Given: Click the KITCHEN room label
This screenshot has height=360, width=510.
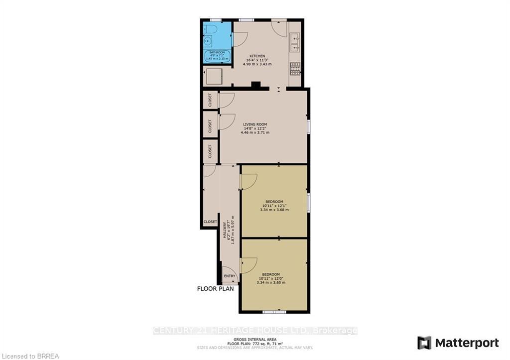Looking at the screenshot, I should (257, 56).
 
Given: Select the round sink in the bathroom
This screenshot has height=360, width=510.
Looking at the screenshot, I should (209, 41).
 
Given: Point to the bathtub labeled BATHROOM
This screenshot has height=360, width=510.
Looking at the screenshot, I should (217, 55).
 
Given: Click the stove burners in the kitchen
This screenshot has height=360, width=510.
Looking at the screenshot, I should (295, 68).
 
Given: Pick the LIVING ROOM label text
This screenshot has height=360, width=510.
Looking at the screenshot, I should (255, 124).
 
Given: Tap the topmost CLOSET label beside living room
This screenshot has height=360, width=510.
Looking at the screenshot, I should (210, 100).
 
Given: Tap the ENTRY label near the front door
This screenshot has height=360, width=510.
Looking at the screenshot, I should (230, 276).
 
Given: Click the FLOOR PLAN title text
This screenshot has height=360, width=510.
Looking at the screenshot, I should (216, 289).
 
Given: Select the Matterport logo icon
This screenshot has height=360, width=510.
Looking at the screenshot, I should (424, 343).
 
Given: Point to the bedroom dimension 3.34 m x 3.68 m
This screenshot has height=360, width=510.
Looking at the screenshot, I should (274, 210).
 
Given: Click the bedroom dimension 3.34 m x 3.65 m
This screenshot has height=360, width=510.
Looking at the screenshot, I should (270, 282).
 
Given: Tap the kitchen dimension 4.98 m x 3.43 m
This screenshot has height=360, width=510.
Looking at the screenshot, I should (257, 64).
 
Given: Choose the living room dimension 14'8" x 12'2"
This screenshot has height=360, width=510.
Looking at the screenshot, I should (255, 128).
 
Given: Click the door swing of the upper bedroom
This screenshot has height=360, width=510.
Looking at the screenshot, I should (249, 181).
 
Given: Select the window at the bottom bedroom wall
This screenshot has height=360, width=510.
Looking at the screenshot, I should (274, 312).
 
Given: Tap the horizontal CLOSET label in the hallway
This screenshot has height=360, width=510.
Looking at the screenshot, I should (210, 222).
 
